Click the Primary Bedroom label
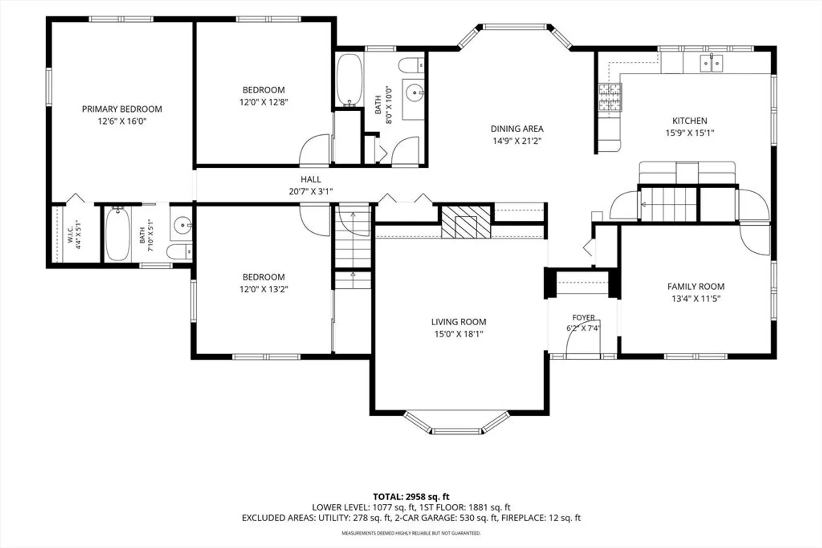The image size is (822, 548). pos(122,109)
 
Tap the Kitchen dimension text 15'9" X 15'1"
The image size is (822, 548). pos(690,133)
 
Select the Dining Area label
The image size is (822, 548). pos(517,129)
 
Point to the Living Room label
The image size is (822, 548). pos(458,322)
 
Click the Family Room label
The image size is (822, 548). pos(696,287)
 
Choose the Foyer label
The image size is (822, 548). pos(583,317)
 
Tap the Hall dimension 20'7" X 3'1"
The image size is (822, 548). pos(311,191)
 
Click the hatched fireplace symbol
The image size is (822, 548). pos(466,222)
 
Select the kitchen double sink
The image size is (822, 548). pos(711,63)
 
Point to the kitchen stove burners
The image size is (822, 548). pos(610,97)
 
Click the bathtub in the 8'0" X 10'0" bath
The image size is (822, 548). pos(349,80)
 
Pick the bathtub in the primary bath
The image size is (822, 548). pos(118,234)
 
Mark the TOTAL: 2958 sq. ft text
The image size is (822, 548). pos(411,497)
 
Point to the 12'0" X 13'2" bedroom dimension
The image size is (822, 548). pos(264,289)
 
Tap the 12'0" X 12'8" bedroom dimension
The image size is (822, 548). pos(264,102)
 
